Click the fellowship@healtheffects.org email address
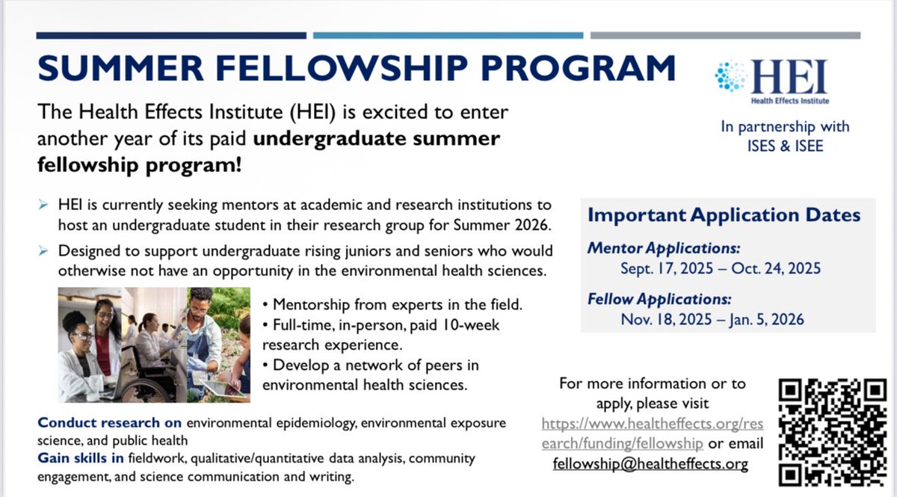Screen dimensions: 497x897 650,463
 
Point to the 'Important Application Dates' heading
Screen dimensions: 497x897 724,215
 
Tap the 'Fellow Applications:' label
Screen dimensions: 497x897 659,299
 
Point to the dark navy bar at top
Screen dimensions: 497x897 171,35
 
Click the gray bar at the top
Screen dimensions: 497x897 725,35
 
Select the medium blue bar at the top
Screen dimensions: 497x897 448,35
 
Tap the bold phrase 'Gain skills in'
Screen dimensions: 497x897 81,457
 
